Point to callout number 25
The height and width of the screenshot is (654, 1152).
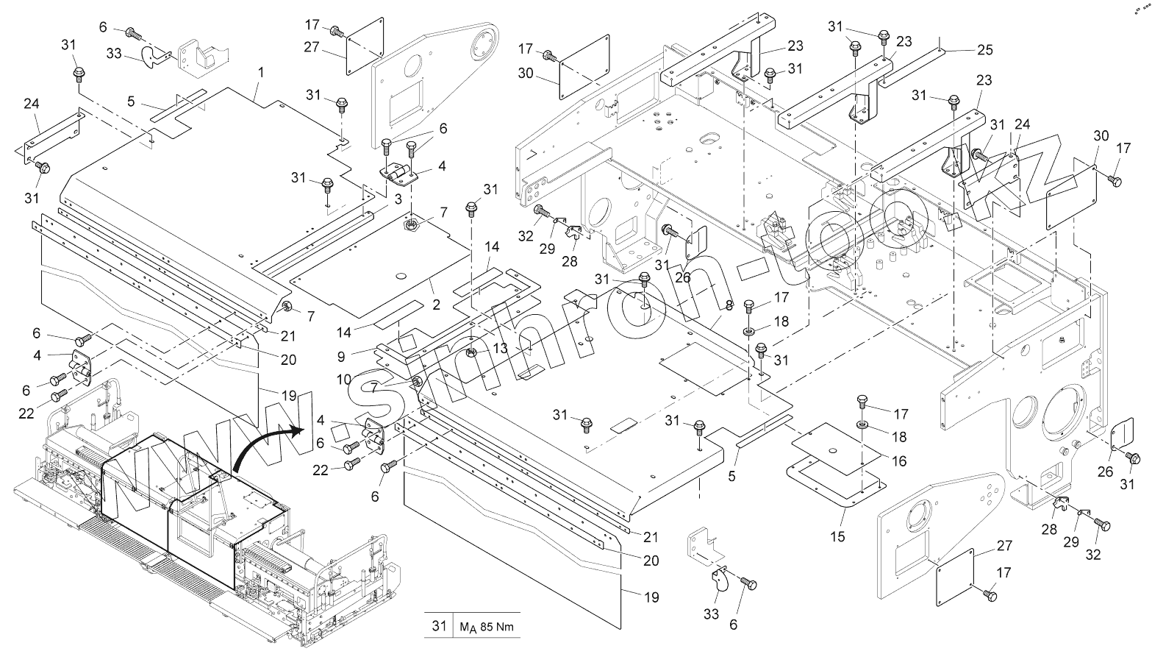[984, 50]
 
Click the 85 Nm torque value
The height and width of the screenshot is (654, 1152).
[487, 628]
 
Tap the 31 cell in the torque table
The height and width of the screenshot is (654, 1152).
[439, 627]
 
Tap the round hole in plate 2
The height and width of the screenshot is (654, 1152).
[401, 276]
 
